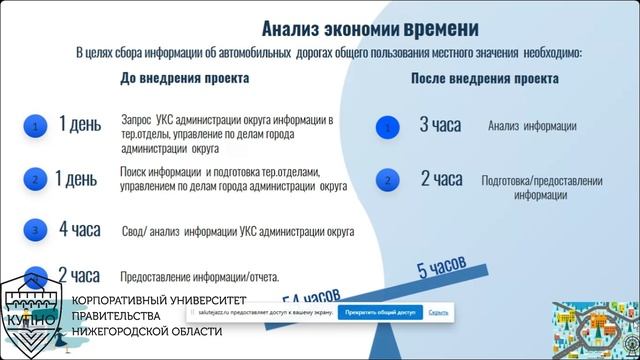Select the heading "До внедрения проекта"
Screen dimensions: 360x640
(x=185, y=77)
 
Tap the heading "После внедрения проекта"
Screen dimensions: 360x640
(x=485, y=78)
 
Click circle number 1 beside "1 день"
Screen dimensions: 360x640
(x=35, y=127)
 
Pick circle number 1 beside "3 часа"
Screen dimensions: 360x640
(x=386, y=127)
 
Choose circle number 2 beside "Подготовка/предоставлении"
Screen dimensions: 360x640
(x=386, y=182)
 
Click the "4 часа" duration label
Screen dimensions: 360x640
(x=79, y=229)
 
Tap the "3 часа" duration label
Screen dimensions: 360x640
(x=440, y=125)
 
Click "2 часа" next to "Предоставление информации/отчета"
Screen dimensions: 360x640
(x=78, y=275)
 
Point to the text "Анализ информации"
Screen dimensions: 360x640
(x=532, y=126)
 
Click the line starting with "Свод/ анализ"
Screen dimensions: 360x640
(x=239, y=231)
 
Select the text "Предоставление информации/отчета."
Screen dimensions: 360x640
(x=199, y=277)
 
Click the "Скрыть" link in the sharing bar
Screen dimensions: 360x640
(x=438, y=312)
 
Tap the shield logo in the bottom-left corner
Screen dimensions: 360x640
(x=32, y=313)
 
